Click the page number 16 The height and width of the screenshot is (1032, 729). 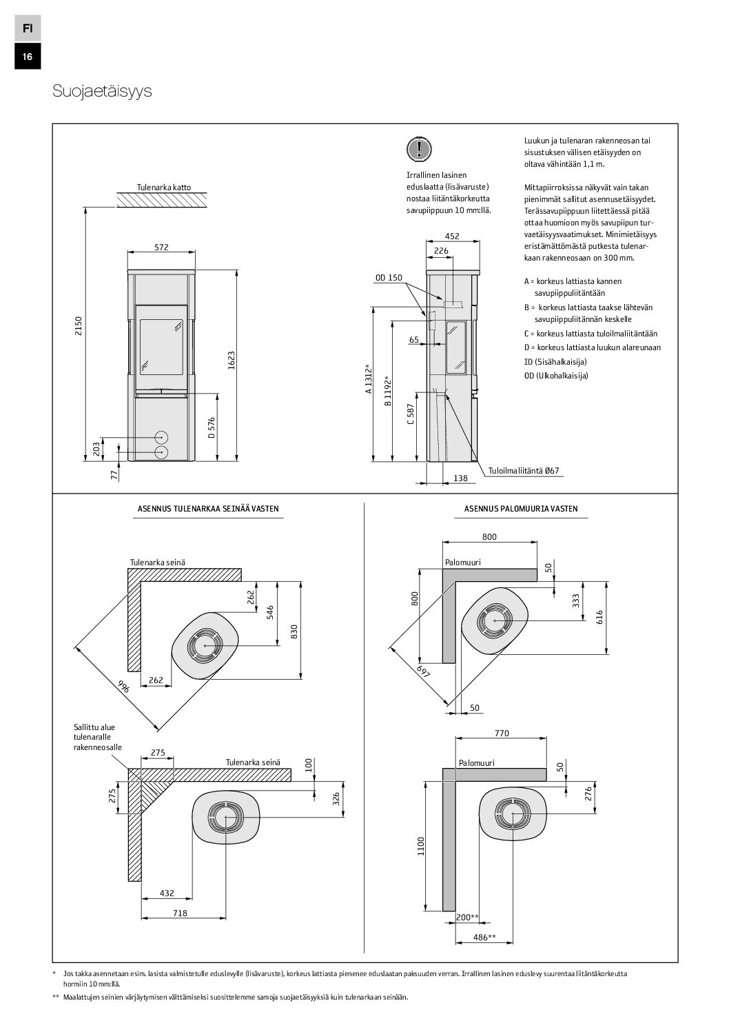point(27,57)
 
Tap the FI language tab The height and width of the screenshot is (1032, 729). point(27,28)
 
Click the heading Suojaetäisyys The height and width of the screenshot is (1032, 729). point(102,92)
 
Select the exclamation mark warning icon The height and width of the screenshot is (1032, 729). point(418,148)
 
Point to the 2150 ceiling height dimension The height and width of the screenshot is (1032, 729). point(79,325)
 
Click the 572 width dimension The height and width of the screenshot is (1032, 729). point(161,247)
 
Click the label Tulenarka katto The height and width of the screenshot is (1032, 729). point(164,187)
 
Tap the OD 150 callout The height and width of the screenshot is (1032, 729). point(389,278)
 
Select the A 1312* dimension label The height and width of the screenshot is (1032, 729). point(369,378)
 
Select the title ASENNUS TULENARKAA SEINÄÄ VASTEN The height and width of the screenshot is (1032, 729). point(208,509)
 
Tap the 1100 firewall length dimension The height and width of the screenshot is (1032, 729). point(422,846)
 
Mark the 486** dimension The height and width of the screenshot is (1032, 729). point(486,937)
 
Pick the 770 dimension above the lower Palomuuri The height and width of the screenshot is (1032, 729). point(502,733)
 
